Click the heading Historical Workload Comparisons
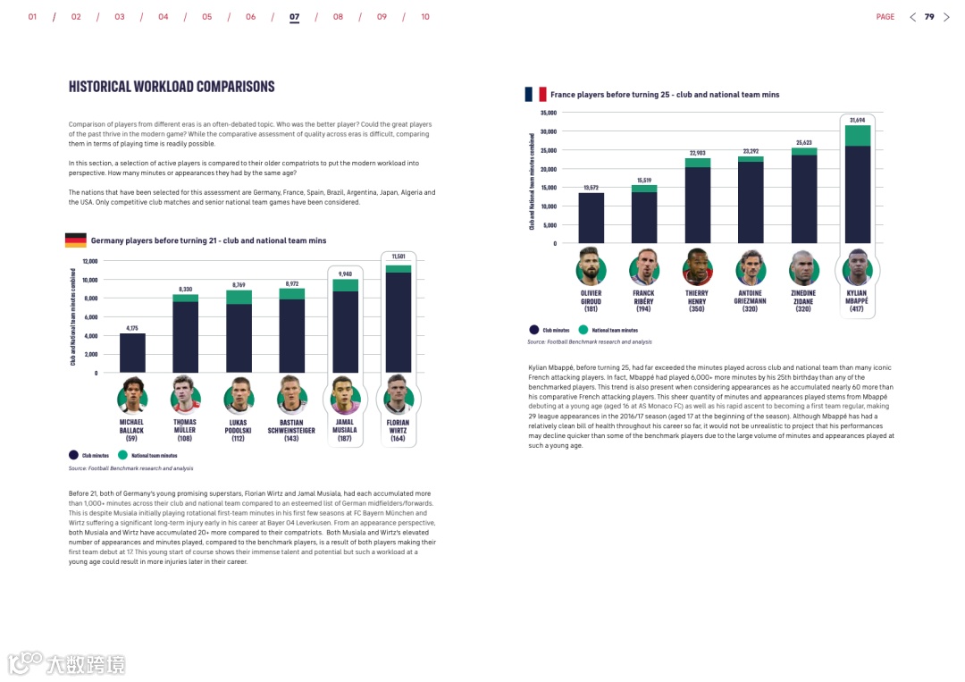(172, 87)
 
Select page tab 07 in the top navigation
(295, 17)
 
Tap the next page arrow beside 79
(947, 17)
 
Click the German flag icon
(76, 240)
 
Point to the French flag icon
(536, 94)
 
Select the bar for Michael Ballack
(132, 353)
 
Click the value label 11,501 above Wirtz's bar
(399, 257)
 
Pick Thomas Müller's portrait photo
(185, 395)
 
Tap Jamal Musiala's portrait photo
(345, 395)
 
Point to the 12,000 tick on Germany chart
(90, 261)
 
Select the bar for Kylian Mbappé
(858, 188)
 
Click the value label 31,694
(858, 120)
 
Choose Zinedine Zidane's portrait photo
(804, 267)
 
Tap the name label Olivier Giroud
(591, 298)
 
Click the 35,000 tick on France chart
(548, 113)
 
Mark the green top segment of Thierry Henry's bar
(697, 163)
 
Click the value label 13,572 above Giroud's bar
(591, 188)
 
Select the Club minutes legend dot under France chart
(533, 330)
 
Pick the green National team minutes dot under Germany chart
(122, 456)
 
